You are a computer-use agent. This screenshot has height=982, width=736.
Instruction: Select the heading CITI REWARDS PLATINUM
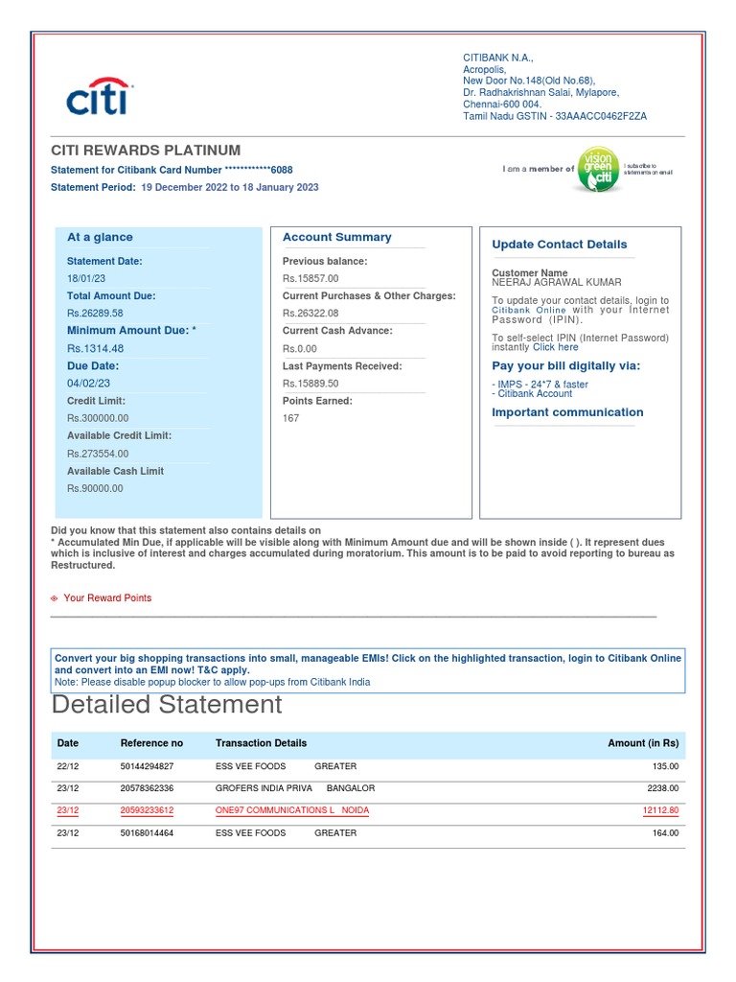tap(146, 151)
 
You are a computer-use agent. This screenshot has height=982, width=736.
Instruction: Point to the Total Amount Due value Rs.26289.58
tap(95, 314)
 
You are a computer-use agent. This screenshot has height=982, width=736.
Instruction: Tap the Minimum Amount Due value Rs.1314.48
tap(95, 348)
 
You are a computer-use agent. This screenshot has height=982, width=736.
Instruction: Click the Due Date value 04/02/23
tap(88, 384)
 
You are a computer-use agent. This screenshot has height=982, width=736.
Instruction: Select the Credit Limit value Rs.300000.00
tap(98, 418)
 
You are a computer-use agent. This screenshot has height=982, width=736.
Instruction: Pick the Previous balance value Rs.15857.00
tap(310, 278)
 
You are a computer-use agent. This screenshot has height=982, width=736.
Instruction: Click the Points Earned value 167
tap(290, 418)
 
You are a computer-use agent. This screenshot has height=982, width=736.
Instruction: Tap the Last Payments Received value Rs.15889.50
tap(310, 384)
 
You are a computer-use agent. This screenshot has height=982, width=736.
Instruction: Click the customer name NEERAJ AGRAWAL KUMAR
tap(557, 283)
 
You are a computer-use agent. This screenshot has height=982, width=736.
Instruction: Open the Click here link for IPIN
tap(556, 347)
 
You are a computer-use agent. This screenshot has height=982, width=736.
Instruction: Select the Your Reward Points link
tap(107, 598)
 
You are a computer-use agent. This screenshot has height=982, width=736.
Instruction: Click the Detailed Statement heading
tap(167, 705)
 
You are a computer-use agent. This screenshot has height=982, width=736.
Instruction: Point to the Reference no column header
tap(151, 743)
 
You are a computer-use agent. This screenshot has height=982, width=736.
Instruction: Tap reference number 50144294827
tap(148, 766)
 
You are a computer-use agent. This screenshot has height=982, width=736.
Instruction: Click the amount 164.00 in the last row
tap(665, 833)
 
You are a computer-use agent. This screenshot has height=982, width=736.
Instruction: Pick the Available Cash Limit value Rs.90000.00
tap(95, 488)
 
